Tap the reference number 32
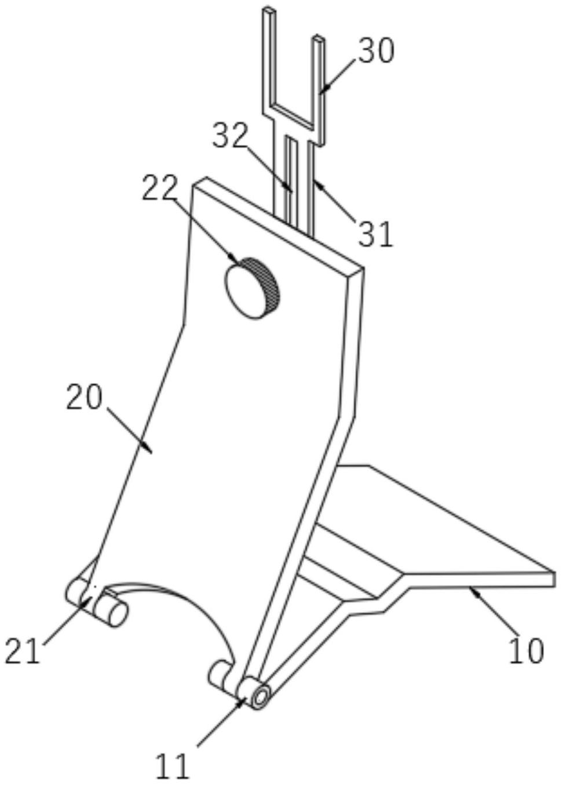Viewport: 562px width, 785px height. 231,137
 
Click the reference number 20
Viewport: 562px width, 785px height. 84,398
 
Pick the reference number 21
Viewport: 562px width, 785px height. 23,651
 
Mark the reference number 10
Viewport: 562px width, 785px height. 527,651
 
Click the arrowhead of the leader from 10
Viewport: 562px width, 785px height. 470,589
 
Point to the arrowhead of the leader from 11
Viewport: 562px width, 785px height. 244,700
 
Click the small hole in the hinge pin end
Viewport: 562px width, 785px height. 262,696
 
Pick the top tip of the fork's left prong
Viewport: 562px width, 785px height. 268,10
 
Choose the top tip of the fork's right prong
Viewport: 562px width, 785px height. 318,38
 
